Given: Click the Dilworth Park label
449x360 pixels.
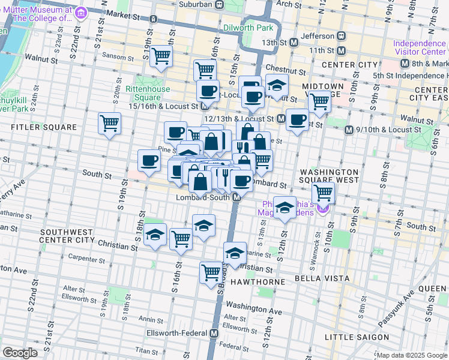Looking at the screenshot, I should click(x=248, y=28).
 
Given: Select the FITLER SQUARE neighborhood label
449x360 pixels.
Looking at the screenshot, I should click(x=44, y=127).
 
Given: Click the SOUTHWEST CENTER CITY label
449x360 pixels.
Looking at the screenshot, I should click(x=66, y=236).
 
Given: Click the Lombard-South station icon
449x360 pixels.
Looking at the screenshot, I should click(x=237, y=197).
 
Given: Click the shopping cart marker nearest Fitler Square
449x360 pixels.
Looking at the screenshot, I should click(x=109, y=124).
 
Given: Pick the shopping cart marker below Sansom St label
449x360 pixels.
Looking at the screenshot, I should click(x=161, y=56).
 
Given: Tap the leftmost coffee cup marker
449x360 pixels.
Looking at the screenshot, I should click(x=148, y=160).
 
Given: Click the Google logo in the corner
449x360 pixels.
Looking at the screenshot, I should click(x=20, y=353).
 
